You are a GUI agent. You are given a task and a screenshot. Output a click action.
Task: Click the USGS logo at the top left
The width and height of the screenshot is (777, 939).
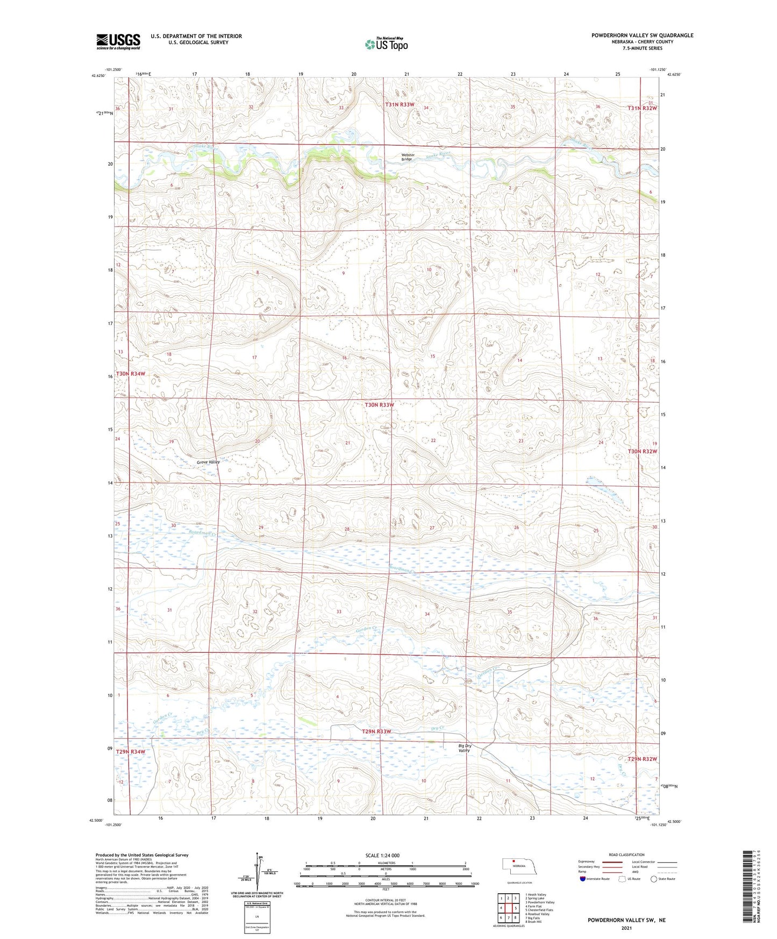tap(118, 41)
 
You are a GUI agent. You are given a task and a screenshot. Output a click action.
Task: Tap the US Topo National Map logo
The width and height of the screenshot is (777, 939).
tap(386, 44)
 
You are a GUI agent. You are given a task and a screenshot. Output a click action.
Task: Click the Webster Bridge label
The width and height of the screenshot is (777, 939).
tap(407, 157)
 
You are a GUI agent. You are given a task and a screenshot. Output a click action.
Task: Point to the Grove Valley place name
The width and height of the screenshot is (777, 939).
tap(208, 462)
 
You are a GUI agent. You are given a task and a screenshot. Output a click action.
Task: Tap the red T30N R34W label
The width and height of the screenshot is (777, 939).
tap(131, 373)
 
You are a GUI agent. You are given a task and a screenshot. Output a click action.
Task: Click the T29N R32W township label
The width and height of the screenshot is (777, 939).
tap(642, 759)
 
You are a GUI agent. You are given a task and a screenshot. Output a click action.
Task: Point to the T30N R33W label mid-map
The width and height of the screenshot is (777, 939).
tap(380, 404)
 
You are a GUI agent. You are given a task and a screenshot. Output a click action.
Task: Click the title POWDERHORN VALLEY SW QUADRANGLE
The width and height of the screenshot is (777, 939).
tap(642, 35)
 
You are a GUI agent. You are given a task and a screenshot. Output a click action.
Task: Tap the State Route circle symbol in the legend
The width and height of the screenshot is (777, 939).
tap(654, 879)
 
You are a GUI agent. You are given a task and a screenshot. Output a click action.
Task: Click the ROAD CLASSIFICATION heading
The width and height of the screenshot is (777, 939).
tap(626, 855)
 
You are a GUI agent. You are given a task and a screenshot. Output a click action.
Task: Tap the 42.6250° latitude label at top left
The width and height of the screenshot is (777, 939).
tap(98, 76)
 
